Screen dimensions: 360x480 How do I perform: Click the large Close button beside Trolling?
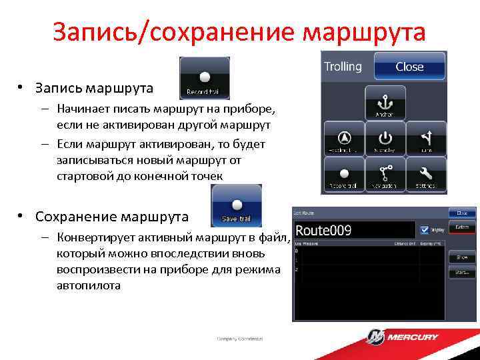pyautogui.click(x=409, y=67)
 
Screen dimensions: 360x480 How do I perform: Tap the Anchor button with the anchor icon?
pyautogui.click(x=385, y=102)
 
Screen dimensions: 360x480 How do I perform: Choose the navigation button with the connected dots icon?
pyautogui.click(x=385, y=175)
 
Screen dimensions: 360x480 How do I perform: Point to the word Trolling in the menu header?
pyautogui.click(x=343, y=67)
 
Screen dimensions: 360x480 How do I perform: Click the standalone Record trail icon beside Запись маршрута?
pyautogui.click(x=205, y=78)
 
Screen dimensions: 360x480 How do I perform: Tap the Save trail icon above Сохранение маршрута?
pyautogui.click(x=236, y=206)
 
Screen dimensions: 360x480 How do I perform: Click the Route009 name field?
pyautogui.click(x=353, y=231)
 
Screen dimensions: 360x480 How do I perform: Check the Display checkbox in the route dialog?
pyautogui.click(x=424, y=229)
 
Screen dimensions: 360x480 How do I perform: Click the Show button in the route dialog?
pyautogui.click(x=461, y=257)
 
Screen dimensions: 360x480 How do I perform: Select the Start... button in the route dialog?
pyautogui.click(x=461, y=272)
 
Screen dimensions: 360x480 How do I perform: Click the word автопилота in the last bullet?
pyautogui.click(x=89, y=285)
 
